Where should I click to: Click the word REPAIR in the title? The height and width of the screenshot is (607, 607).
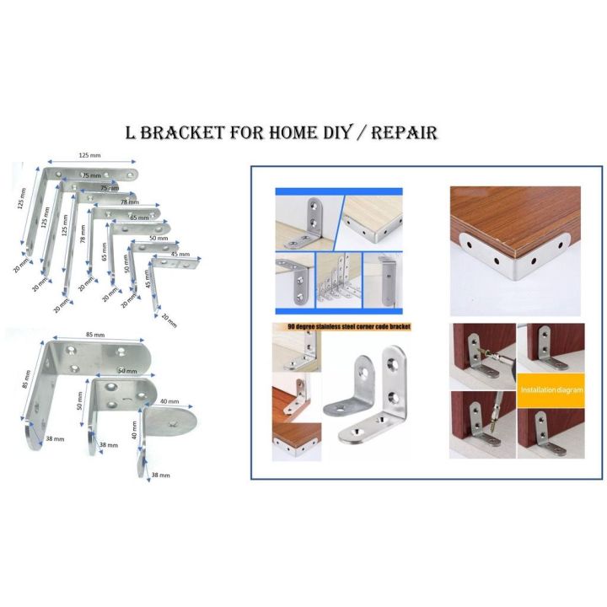(x=403, y=132)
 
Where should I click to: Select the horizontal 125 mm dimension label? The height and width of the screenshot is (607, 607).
(x=91, y=156)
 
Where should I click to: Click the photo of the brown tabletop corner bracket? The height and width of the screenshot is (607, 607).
(x=514, y=244)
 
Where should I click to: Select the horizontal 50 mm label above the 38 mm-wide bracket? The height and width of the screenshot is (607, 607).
(x=127, y=371)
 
